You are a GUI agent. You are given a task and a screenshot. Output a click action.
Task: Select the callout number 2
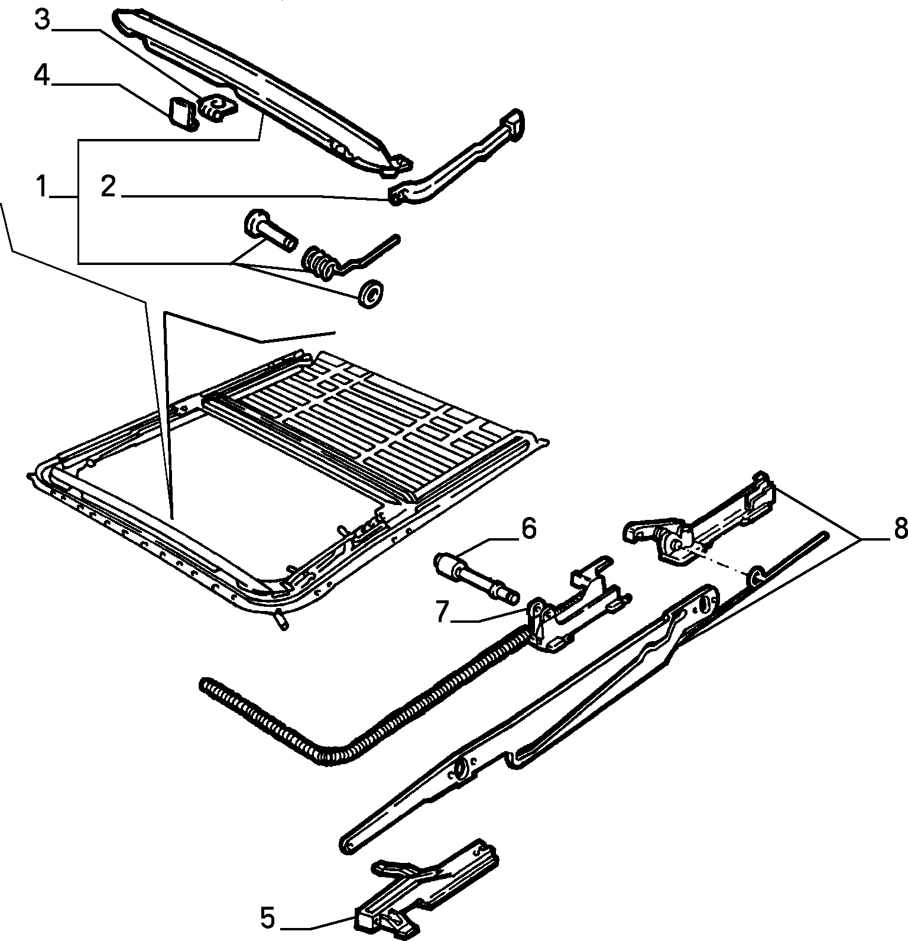108,187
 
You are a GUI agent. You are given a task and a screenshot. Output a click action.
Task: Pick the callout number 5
267,919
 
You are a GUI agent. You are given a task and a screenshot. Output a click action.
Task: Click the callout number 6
528,528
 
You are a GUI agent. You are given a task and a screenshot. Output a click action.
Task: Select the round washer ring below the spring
371,293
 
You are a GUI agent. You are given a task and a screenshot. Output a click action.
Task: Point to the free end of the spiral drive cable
205,684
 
